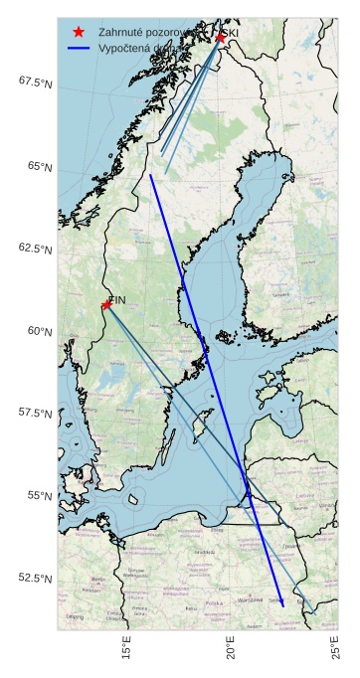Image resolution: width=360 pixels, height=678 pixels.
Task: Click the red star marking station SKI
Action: coord(220,38)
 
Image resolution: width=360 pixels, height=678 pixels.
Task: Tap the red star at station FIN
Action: coord(106,305)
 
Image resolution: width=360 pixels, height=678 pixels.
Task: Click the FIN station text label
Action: coord(116,298)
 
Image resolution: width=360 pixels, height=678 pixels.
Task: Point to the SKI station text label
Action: coord(230,33)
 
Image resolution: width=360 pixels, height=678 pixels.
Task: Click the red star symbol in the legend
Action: coord(79,33)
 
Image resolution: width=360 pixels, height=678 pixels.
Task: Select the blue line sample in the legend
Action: coord(79,48)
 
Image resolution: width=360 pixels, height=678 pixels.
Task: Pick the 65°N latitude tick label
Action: coord(39,166)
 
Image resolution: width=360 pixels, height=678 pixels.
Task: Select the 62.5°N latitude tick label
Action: coord(35,249)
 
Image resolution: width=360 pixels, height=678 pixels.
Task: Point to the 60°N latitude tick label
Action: coord(39,331)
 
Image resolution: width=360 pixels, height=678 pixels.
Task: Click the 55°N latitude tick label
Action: coord(39,495)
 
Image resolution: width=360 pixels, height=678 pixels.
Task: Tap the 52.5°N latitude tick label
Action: coord(35,578)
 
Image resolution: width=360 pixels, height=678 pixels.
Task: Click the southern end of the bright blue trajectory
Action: coord(282,605)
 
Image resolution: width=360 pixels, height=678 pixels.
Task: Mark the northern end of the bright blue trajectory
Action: coord(150,175)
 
